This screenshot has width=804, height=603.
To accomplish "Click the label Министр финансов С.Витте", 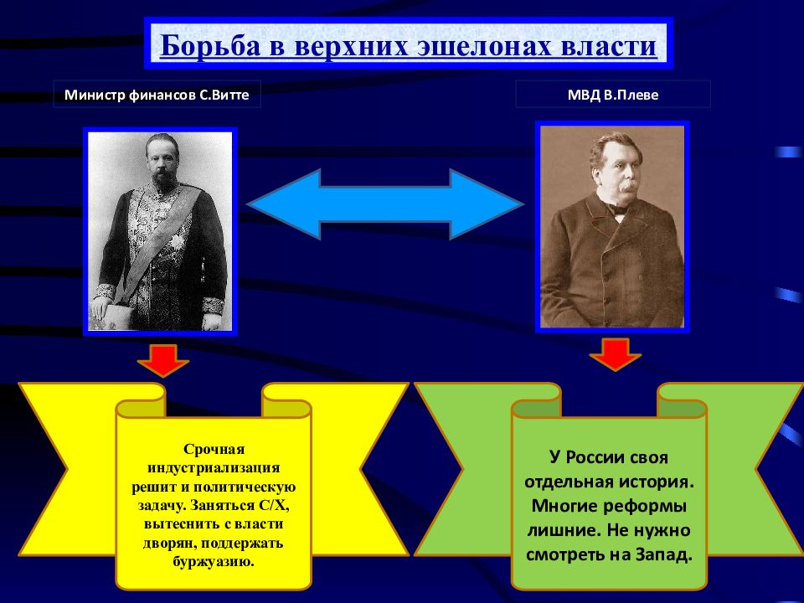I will point(157,95).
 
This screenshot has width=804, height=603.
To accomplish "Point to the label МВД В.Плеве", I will point(612,95).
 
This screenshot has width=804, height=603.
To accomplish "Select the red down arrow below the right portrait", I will point(615,355).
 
